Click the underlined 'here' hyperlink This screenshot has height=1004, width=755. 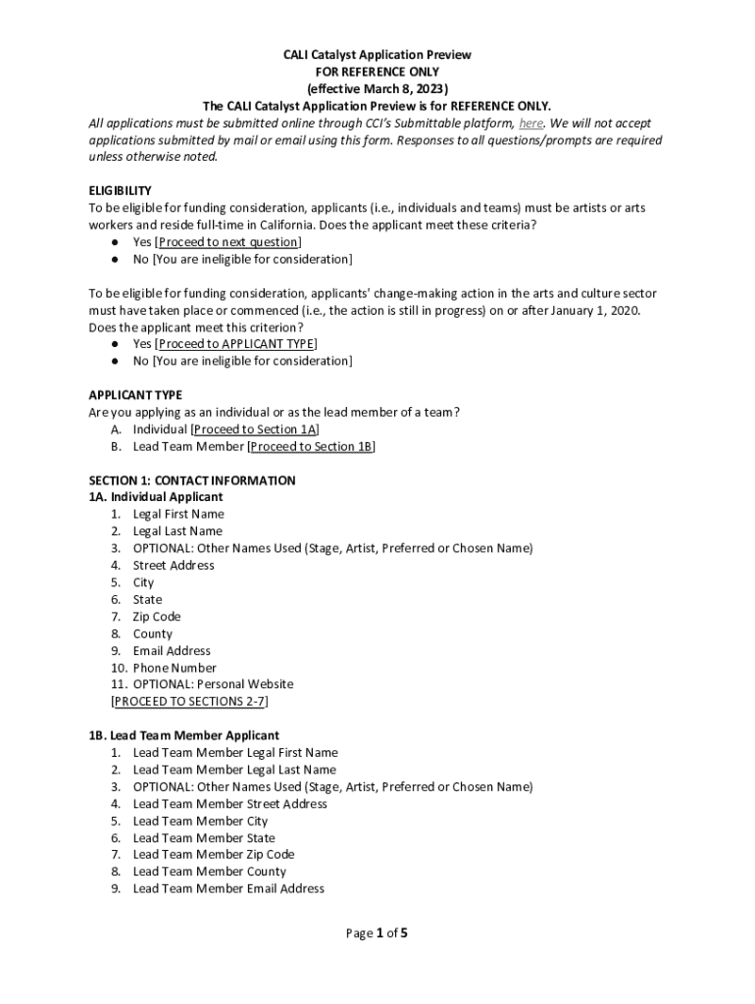(530, 124)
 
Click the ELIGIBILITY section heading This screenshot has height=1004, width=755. (120, 191)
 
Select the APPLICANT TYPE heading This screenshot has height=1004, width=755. (135, 395)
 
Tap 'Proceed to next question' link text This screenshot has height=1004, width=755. (228, 242)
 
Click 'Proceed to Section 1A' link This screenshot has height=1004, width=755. (256, 429)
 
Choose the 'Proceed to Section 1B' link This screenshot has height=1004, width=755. (312, 447)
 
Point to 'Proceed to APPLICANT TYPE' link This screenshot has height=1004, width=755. (235, 344)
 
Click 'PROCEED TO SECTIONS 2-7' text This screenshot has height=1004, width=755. (190, 702)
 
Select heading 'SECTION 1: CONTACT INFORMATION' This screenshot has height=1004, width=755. (192, 480)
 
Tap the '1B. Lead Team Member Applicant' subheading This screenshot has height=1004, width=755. (184, 735)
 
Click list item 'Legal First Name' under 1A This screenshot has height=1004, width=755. (178, 514)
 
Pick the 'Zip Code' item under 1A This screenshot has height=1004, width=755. (157, 617)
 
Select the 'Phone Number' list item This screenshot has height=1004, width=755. (175, 668)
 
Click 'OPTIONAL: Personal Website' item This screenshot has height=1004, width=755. (213, 684)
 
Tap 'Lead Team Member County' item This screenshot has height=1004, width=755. (210, 872)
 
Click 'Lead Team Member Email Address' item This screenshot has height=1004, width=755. (228, 888)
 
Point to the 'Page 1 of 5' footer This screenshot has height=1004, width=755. (377, 933)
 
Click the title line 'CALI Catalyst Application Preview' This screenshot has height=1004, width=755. (377, 55)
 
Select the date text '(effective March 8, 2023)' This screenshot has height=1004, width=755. (377, 89)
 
